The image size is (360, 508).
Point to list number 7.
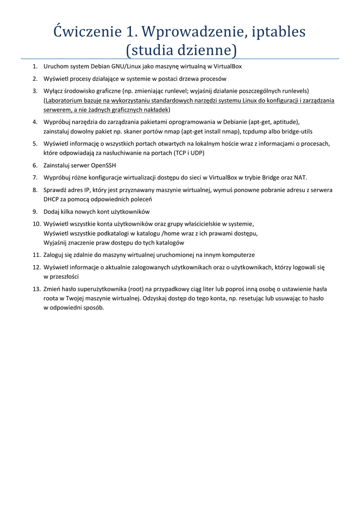[35, 177]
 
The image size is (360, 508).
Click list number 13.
[36, 289]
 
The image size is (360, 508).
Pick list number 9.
[35, 211]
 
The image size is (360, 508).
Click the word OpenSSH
[103, 165]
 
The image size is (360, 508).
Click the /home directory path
[171, 233]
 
